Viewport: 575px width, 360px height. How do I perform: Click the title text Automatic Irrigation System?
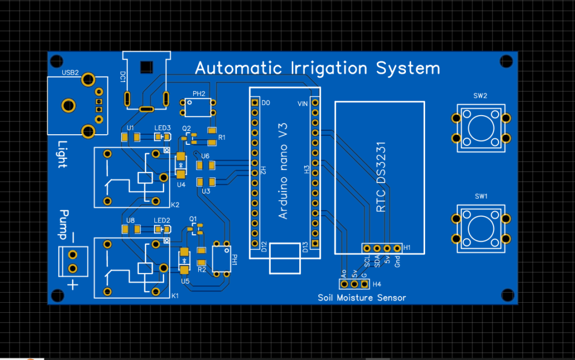coord(317,69)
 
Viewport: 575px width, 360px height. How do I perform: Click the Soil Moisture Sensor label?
coord(362,298)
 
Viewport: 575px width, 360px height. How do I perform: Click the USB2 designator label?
coord(70,73)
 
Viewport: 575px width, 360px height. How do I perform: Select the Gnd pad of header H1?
coord(397,248)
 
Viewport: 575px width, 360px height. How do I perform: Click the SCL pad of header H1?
coord(367,248)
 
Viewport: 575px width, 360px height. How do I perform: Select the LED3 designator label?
coord(162,128)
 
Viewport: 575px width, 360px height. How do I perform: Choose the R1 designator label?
coord(222,138)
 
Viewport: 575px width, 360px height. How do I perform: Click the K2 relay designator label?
coord(175,204)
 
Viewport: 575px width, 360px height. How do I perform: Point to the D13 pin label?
coord(305,247)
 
